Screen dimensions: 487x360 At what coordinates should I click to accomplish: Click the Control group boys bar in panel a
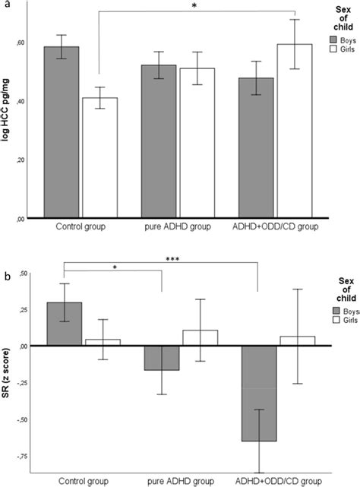pos(62,132)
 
